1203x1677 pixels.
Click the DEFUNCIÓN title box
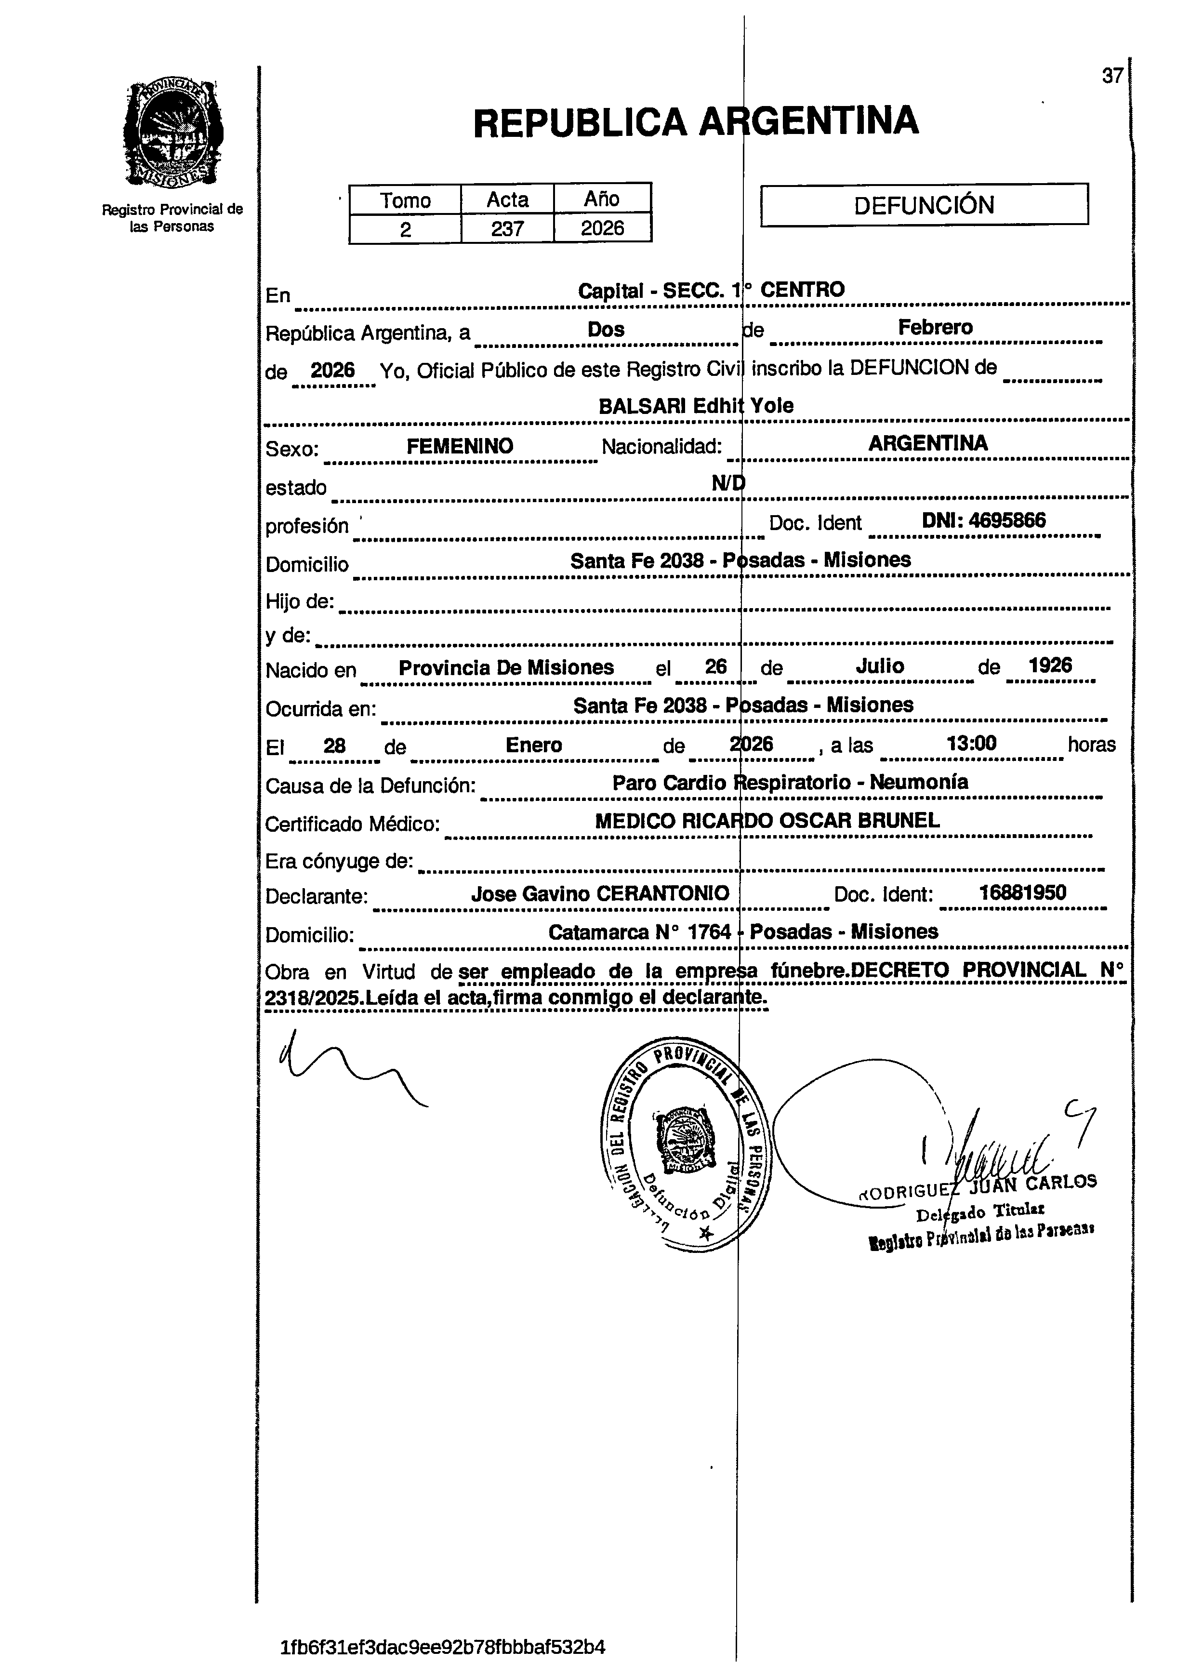tap(924, 204)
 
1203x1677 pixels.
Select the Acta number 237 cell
tap(507, 228)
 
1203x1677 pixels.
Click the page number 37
tap(1112, 76)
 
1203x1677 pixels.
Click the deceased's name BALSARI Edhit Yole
tap(695, 405)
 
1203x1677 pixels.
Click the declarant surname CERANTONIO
tap(662, 893)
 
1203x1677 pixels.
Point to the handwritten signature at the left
tap(347, 1068)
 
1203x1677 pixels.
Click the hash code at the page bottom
tap(443, 1648)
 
